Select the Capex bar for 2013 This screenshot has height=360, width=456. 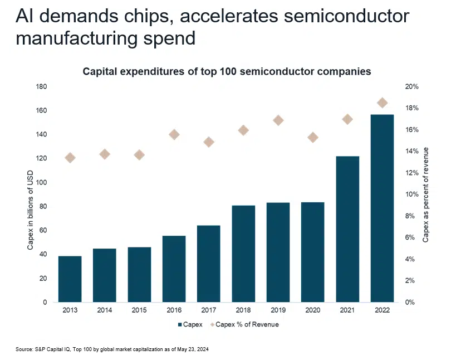coord(70,279)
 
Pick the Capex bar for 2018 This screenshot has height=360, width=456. coord(243,254)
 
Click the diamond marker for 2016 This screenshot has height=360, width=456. coord(174,134)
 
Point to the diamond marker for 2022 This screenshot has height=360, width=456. coord(382,103)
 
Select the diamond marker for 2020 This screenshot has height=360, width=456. coord(313,138)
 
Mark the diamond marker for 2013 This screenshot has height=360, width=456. coord(70,158)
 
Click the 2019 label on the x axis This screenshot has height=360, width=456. coord(278,310)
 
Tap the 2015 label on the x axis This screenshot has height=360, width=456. coord(139,310)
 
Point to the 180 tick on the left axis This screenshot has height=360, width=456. coord(41,87)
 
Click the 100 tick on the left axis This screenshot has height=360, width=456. coord(41,183)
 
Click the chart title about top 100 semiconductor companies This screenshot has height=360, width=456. coord(227,72)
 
